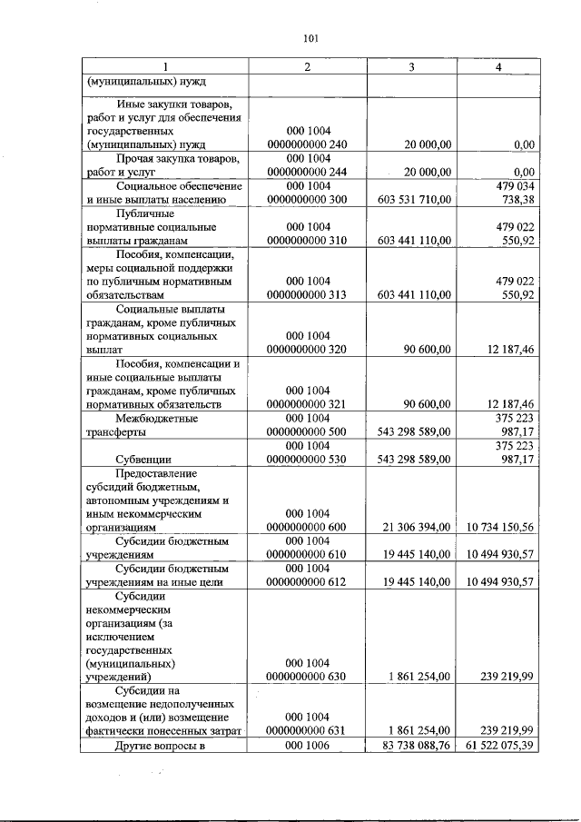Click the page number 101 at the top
click(x=309, y=37)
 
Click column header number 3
click(x=411, y=68)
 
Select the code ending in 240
click(x=307, y=144)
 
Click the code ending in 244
click(x=307, y=171)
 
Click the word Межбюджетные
click(x=157, y=418)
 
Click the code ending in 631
click(x=307, y=730)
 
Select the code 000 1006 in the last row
click(x=308, y=746)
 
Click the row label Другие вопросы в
click(x=162, y=746)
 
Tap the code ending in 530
click(x=307, y=459)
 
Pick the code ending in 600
click(x=307, y=527)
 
